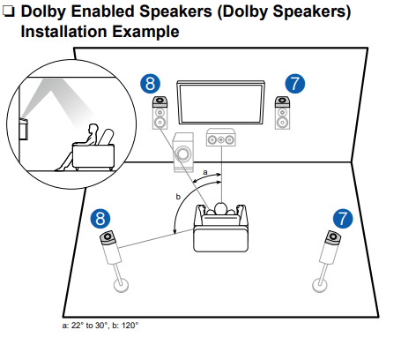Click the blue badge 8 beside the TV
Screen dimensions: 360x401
tap(151, 85)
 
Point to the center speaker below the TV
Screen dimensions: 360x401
tap(219, 139)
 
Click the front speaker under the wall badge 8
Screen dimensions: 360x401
tap(160, 116)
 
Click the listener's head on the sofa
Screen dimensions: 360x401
tap(219, 209)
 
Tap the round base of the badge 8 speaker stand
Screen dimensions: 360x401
tap(117, 285)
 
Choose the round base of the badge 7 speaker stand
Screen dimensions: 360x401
tap(322, 284)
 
